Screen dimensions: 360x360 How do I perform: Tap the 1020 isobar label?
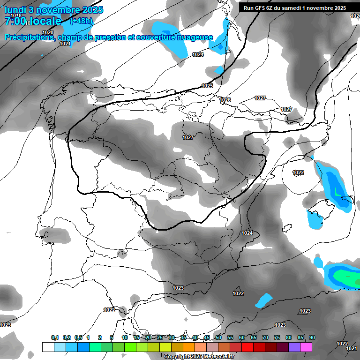47,32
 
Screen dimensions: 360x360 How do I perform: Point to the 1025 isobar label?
207,86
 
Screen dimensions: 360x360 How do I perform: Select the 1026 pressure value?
225,100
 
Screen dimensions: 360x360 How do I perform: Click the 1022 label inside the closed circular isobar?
298,172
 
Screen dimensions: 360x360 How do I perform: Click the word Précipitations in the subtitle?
29,37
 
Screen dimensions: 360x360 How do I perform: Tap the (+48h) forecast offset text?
81,21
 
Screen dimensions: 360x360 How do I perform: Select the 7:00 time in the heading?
16,21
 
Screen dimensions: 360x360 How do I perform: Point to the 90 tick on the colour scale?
312,337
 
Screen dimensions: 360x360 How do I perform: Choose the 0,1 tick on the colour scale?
54,337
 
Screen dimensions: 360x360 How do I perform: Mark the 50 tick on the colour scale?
218,337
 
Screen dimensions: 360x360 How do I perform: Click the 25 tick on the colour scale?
160,337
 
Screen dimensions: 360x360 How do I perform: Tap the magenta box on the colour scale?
306,347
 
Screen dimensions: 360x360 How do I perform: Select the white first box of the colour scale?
48,347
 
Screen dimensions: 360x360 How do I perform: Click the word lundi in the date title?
14,9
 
